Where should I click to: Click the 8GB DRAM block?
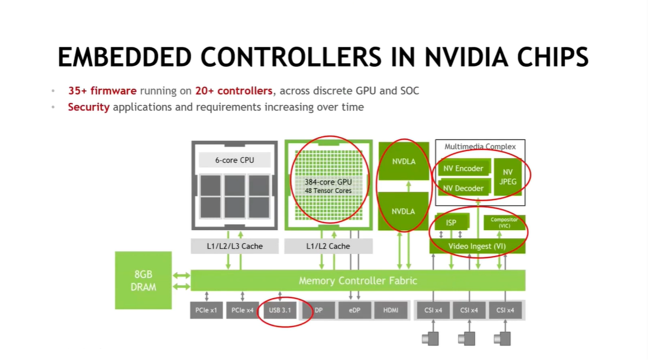[x=143, y=281]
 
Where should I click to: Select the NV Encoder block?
[x=463, y=168]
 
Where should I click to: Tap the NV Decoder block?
[x=463, y=188]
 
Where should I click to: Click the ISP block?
[x=451, y=222]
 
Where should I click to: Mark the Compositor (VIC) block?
[x=504, y=222]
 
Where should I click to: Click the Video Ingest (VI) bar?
[x=477, y=246]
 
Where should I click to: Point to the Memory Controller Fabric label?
[x=358, y=281]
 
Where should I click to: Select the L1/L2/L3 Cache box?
[x=234, y=246]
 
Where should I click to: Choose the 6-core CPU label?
[x=234, y=160]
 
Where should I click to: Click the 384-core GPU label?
[x=328, y=182]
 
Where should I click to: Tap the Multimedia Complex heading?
[x=480, y=146]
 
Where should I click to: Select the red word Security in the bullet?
[x=88, y=107]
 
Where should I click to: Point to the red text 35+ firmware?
[x=102, y=91]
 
